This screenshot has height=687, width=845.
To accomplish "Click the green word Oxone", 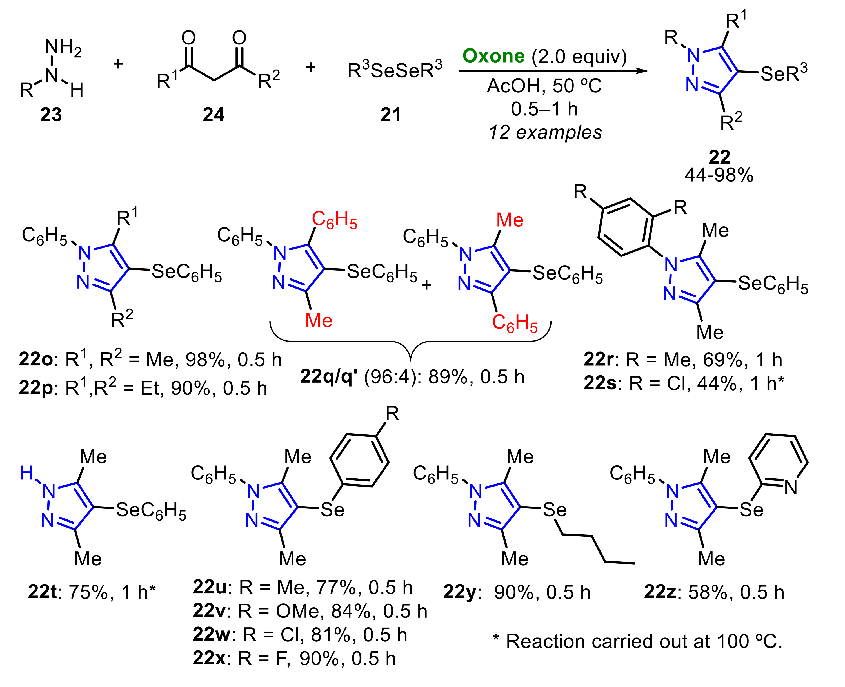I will (493, 56).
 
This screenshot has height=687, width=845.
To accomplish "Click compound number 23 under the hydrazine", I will (51, 115).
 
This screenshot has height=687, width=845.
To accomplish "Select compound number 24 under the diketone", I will (214, 115).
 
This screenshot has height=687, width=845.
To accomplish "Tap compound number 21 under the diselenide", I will (391, 115).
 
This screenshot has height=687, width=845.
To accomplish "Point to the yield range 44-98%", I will (719, 175).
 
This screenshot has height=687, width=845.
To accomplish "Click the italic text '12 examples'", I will (545, 133).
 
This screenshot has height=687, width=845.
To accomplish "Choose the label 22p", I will (35, 389).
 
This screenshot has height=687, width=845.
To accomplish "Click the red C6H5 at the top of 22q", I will (334, 220).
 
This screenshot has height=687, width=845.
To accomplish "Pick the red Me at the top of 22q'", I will (510, 220).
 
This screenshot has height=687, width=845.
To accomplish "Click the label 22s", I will (600, 383).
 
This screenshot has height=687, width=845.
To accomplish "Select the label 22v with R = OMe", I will (209, 612).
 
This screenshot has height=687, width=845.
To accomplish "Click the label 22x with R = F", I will (209, 659).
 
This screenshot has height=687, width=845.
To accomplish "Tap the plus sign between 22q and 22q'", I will (426, 285).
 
